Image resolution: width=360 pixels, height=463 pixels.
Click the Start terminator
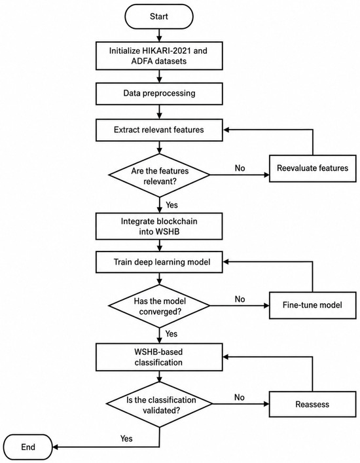pyautogui.click(x=159, y=16)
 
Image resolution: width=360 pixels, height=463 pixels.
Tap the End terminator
pyautogui.click(x=28, y=447)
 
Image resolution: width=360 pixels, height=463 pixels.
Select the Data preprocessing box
pyautogui.click(x=159, y=94)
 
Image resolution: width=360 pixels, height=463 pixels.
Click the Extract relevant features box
pyautogui.click(x=159, y=130)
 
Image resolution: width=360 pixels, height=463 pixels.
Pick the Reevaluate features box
pyautogui.click(x=312, y=168)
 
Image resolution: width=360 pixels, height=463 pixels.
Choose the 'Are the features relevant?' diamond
pyautogui.click(x=159, y=176)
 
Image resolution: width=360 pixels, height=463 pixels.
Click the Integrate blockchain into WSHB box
pyautogui.click(x=159, y=227)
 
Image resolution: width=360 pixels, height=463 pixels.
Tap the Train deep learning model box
pyautogui.click(x=159, y=262)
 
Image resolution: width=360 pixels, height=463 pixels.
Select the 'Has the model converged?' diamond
pyautogui.click(x=159, y=306)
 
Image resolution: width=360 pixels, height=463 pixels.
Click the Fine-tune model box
pyautogui.click(x=312, y=305)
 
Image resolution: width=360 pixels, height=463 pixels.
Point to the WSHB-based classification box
pyautogui.click(x=159, y=357)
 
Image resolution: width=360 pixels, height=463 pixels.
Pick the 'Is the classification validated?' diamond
pyautogui.click(x=159, y=405)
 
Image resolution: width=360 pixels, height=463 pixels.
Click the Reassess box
pyautogui.click(x=312, y=404)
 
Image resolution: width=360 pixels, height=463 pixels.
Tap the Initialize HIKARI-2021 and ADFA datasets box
pyautogui.click(x=159, y=56)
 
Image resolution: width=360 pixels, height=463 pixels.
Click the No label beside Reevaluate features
pyautogui.click(x=240, y=168)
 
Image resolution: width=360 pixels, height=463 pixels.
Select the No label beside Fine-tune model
pyautogui.click(x=240, y=299)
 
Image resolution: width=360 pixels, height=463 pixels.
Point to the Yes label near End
pyautogui.click(x=126, y=439)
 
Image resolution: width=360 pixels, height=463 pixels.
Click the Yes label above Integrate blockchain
pyautogui.click(x=171, y=205)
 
